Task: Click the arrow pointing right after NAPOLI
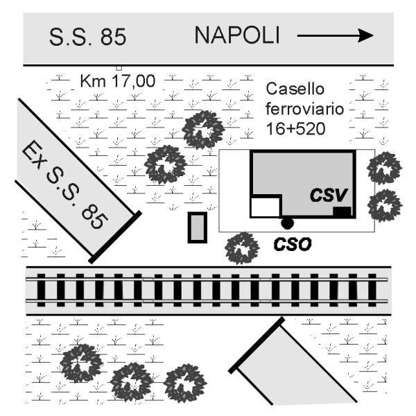335,35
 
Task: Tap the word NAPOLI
237,35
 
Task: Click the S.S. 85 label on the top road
87,37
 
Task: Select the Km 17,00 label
118,81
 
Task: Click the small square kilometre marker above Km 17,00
119,68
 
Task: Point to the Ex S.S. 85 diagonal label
65,184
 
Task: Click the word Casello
295,89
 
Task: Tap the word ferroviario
304,109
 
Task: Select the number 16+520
295,129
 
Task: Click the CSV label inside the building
329,195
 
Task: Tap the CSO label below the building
293,244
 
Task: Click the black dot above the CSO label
287,223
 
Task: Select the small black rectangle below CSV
342,211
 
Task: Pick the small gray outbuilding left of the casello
198,227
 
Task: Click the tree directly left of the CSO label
242,248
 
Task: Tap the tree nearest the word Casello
203,130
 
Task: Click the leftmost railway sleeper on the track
41,291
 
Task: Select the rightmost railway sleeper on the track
372,291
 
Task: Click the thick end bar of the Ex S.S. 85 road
115,237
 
